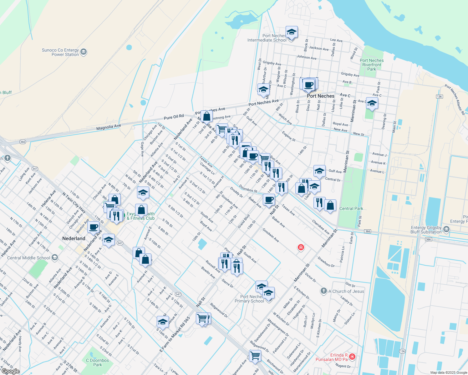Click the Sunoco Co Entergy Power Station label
(65, 52)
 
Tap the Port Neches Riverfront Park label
(372, 65)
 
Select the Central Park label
(351, 208)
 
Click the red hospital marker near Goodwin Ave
(301, 247)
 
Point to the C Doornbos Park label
(98, 362)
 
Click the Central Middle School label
(29, 258)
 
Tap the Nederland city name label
(74, 238)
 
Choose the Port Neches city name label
(321, 96)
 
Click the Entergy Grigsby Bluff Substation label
(426, 230)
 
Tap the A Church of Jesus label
(346, 291)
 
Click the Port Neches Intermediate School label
(267, 38)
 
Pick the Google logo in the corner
(10, 371)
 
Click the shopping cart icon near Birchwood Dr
(255, 355)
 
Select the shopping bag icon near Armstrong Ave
(207, 116)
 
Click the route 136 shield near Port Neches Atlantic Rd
(440, 96)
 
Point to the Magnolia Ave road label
(109, 127)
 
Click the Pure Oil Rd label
(174, 117)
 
